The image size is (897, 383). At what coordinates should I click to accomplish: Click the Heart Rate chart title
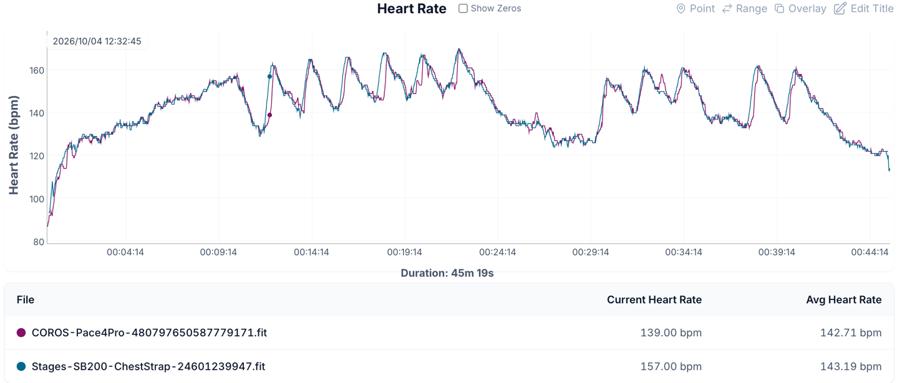click(412, 9)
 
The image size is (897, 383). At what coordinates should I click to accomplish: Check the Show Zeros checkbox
click(463, 8)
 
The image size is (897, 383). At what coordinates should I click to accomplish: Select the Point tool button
click(696, 9)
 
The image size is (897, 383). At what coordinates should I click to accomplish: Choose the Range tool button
click(745, 9)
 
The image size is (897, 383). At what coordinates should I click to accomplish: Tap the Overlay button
click(800, 9)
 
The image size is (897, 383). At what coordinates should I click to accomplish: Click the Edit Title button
click(864, 9)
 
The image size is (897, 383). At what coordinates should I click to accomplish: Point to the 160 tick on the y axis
click(37, 70)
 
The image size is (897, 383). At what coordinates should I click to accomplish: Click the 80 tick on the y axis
click(39, 242)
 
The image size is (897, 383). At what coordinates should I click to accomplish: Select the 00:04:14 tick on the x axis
click(125, 253)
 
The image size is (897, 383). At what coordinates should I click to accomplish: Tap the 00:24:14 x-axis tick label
click(498, 253)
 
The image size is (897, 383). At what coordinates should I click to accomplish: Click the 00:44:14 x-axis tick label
click(870, 253)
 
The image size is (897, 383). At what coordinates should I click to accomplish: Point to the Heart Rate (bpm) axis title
click(14, 145)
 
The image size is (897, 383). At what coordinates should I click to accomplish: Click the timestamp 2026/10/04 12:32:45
click(97, 41)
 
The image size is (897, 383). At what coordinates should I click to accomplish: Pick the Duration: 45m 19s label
click(447, 273)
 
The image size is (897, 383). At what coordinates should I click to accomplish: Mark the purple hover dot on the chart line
click(269, 115)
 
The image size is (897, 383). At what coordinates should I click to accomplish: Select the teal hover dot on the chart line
click(269, 77)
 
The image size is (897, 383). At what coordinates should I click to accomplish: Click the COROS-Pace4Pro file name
click(149, 333)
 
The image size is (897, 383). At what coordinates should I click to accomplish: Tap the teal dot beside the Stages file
click(21, 366)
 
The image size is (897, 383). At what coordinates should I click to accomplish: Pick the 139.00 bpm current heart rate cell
click(671, 333)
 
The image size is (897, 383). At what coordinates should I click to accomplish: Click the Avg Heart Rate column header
click(844, 299)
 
